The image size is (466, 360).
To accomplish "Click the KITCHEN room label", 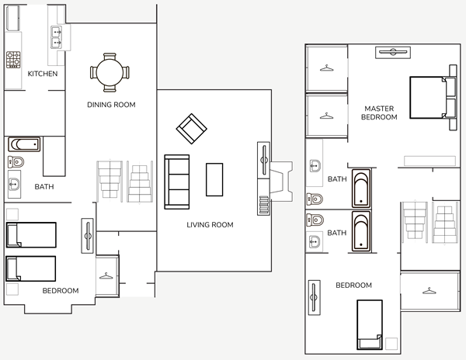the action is click(43, 74).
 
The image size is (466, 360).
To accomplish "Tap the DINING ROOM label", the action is click(111, 105).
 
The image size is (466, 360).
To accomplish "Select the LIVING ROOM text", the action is click(210, 225).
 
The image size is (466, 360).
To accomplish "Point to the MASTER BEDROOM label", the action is click(379, 112).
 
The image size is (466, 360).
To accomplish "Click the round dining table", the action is click(110, 72).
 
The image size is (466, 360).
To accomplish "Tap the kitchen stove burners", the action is click(13, 60).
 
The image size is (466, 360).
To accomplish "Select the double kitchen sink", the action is click(56, 37).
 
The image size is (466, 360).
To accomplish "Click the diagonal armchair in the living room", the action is click(191, 129).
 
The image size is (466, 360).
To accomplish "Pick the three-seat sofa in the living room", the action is click(177, 182).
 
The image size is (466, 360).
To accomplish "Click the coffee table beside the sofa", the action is click(214, 179).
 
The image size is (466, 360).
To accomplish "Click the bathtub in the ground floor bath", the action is click(24, 144).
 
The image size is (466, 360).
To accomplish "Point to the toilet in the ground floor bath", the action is click(16, 162).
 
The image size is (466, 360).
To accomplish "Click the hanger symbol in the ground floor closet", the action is click(106, 276).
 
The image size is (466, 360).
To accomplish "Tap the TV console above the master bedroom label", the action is click(393, 53).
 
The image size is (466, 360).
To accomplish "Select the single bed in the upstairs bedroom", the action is click(370, 324).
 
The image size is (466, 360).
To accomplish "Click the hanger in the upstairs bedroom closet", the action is click(429, 291).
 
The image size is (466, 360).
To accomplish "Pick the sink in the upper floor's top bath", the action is click(315, 165).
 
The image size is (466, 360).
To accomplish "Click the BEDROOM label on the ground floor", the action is click(61, 291).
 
